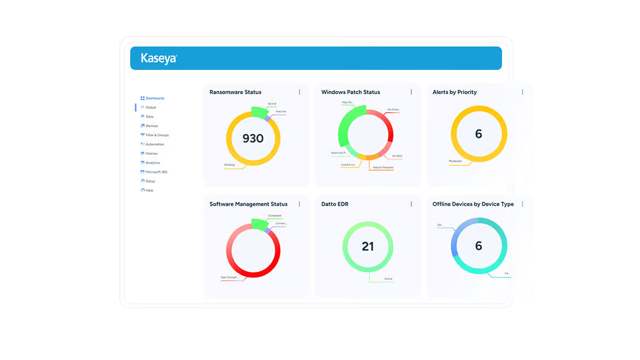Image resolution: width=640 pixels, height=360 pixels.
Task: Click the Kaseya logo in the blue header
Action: point(159,58)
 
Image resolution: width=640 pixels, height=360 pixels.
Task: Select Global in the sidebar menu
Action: point(150,108)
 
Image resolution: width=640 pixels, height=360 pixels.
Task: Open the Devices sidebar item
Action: point(152,126)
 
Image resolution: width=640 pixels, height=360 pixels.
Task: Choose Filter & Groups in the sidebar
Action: point(157,135)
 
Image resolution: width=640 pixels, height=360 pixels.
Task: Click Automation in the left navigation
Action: point(155,144)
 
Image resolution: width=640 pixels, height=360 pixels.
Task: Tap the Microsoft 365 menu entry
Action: point(156,172)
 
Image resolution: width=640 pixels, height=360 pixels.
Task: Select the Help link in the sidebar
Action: point(149,190)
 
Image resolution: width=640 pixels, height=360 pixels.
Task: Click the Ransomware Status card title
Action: point(235,92)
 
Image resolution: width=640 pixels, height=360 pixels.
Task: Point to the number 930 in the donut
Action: point(253,138)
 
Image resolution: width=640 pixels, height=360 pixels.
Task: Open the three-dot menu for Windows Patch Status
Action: point(411,92)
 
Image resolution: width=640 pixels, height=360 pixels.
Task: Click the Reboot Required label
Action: point(382,167)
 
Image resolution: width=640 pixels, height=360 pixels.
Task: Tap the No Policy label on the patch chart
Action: point(393,110)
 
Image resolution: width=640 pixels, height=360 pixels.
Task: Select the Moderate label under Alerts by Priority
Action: point(456,161)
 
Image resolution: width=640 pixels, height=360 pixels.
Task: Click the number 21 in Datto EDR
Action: point(368,247)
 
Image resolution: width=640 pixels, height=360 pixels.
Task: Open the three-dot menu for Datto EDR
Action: point(411,204)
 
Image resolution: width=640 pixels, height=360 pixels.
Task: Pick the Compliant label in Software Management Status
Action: point(275,216)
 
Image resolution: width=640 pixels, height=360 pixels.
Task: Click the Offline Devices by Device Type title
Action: point(473,204)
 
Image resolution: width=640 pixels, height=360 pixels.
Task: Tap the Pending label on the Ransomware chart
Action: point(229,165)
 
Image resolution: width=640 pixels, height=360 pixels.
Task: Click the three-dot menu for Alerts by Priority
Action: point(522,92)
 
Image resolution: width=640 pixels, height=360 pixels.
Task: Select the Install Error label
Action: point(348,165)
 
